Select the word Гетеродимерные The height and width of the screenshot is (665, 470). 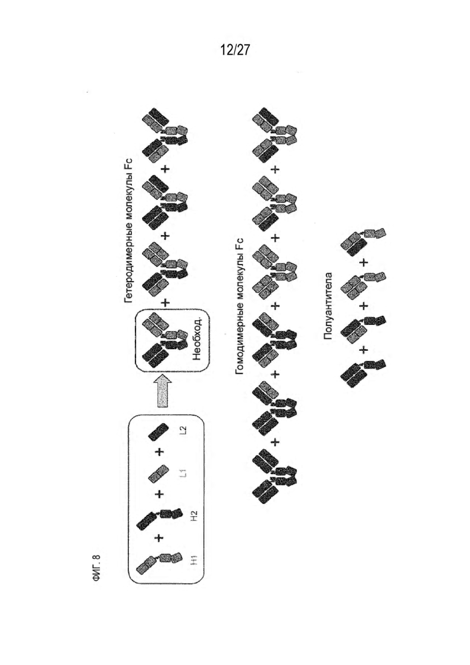coord(129,260)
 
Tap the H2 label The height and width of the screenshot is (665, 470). coord(194,515)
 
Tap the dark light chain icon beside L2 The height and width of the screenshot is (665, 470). coord(159,432)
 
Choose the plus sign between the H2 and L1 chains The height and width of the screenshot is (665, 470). coord(159,494)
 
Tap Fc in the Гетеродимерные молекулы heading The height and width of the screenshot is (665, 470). coord(129,165)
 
